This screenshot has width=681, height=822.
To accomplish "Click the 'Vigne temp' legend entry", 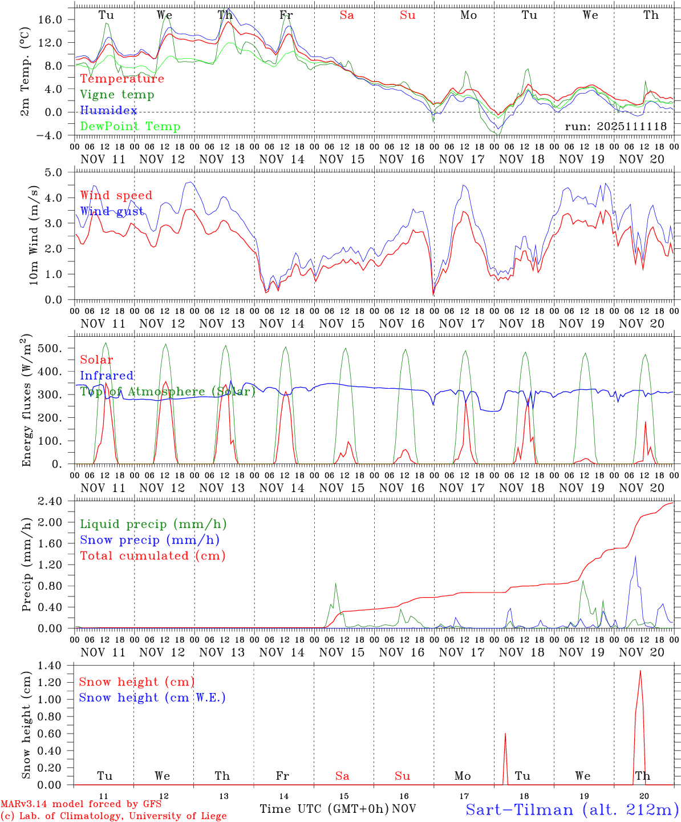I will (117, 95).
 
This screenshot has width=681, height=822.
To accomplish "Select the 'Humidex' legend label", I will (108, 111).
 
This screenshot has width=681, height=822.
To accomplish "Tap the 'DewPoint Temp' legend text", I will (130, 127).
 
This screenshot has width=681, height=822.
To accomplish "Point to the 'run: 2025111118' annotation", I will (615, 127).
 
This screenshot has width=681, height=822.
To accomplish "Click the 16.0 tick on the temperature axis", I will (51, 19).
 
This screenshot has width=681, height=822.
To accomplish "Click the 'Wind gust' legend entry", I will (112, 211).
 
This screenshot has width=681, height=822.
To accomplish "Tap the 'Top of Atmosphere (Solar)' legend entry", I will (167, 392).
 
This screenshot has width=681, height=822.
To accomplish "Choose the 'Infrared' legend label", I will (107, 376).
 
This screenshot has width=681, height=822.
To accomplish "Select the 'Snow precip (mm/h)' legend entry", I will (149, 540).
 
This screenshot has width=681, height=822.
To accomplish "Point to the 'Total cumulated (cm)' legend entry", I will (152, 556).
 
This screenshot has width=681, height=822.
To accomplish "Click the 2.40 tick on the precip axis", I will (56, 501).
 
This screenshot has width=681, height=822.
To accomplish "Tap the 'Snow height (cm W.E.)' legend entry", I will (152, 698).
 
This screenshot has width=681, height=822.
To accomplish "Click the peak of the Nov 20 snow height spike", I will (641, 671).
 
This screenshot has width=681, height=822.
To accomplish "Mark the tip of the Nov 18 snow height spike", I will (505, 734).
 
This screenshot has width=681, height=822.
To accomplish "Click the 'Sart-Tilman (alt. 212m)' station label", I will (572, 809).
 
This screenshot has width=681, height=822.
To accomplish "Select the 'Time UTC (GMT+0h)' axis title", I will (324, 809).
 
